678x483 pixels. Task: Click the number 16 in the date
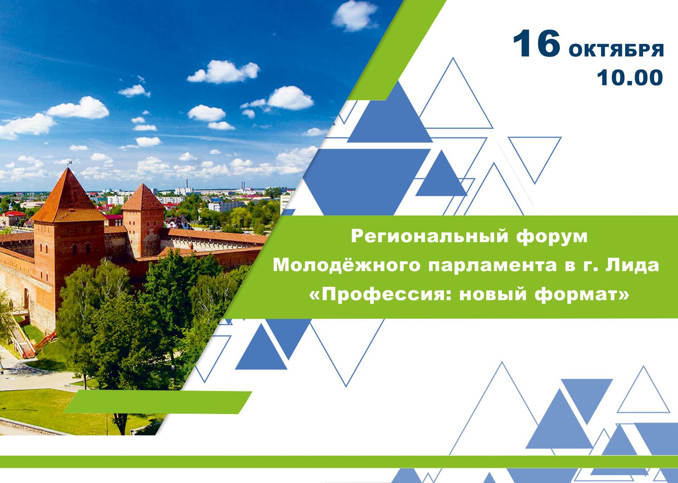[x=536, y=43]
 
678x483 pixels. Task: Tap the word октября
[x=616, y=50]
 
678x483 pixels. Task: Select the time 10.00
[x=630, y=78]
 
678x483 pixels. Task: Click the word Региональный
[x=430, y=236]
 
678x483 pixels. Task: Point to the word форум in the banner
[x=552, y=237]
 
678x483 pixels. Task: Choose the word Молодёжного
[x=347, y=265]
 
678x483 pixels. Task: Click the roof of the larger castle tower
[x=68, y=197]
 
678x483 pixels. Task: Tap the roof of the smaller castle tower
[x=143, y=198]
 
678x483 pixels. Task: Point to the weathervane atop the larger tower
[x=70, y=164]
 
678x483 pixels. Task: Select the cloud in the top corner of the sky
[x=355, y=16]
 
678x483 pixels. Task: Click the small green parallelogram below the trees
[x=158, y=402]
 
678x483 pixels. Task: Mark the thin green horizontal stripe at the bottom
[x=339, y=462]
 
